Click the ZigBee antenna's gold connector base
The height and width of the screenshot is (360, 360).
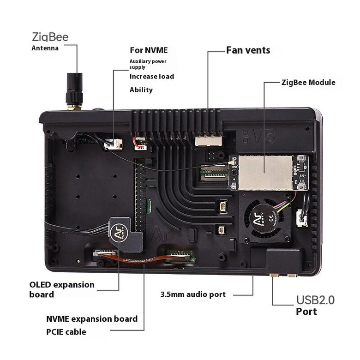74,107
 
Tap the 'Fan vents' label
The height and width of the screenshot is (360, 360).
248,50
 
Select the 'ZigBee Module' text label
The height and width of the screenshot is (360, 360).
308,83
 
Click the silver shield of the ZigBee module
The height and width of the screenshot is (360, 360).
265,173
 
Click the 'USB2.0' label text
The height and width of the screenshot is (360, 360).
315,300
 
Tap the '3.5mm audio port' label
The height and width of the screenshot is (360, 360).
193,294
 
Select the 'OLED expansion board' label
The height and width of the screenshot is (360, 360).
62,289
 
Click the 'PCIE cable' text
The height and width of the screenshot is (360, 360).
66,332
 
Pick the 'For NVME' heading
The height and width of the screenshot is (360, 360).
149,50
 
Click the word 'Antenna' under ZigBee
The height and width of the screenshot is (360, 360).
45,48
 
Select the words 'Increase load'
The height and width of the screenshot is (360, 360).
152,77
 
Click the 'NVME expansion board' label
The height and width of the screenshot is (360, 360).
92,319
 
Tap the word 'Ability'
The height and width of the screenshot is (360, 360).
141,90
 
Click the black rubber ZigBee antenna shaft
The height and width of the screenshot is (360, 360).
74,89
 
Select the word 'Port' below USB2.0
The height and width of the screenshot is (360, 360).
306,312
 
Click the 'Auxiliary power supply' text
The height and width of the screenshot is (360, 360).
148,64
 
